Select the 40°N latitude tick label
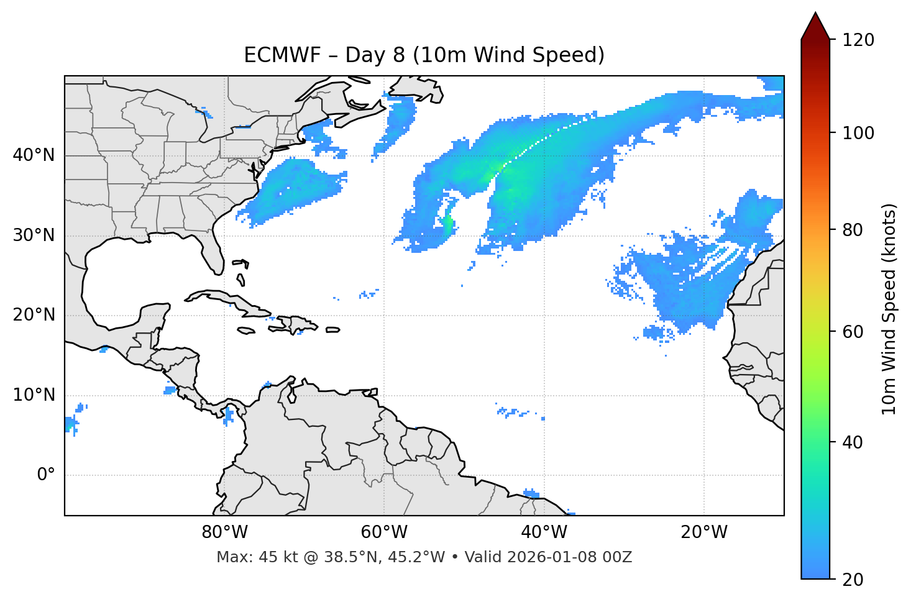click(x=34, y=155)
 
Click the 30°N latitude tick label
click(x=34, y=235)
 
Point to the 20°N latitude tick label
click(x=34, y=315)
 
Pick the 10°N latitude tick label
click(x=34, y=395)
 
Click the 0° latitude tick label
click(x=45, y=475)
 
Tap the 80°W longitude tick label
click(x=224, y=532)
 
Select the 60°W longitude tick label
click(x=384, y=532)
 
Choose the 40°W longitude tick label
click(x=544, y=532)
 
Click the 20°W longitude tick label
click(x=704, y=532)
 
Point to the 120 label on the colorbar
click(x=858, y=40)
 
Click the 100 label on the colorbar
click(x=858, y=133)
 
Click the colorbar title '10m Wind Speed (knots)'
click(x=889, y=309)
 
